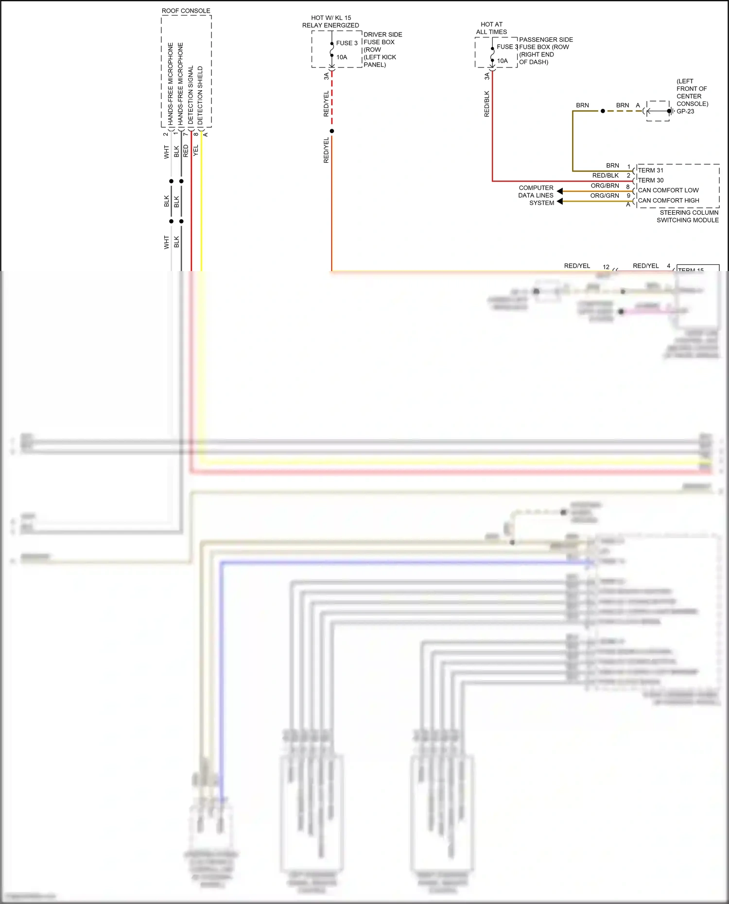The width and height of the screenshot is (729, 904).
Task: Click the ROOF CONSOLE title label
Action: [186, 11]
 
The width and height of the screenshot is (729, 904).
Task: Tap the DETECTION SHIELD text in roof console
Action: [200, 95]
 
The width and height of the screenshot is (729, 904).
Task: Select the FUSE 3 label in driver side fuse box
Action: [347, 43]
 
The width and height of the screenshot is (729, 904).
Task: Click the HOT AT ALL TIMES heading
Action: [491, 28]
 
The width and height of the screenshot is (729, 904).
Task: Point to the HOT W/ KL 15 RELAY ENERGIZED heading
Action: [330, 21]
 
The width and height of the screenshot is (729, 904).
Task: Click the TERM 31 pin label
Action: [650, 171]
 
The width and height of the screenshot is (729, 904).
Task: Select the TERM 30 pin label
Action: [650, 180]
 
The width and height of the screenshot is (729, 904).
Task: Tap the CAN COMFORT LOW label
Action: [668, 190]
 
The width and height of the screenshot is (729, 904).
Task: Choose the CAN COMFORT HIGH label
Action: [668, 200]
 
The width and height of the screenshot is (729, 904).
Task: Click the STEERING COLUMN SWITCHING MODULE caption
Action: [688, 216]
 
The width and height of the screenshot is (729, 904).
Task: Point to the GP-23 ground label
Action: [685, 111]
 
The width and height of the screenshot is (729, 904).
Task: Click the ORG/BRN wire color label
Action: [605, 186]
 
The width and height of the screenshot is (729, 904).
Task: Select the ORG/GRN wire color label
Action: [605, 196]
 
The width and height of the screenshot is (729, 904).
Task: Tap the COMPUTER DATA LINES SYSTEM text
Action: [536, 195]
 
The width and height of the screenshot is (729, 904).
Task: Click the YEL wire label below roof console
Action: [196, 151]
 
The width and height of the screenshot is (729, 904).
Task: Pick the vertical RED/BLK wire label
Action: [486, 104]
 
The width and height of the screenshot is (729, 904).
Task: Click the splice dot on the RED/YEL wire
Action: [332, 131]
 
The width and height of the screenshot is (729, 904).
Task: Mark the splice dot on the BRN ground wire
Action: [603, 111]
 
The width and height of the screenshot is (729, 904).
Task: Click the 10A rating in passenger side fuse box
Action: [502, 61]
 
